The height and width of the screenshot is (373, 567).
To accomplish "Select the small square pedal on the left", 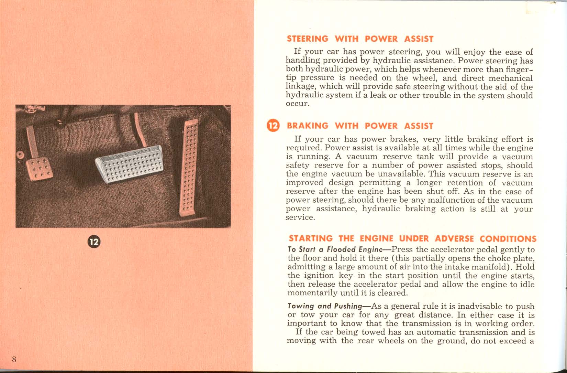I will [39, 169].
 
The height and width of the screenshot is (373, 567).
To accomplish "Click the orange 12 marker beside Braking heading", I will [274, 126].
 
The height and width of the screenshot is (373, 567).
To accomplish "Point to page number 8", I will [14, 359].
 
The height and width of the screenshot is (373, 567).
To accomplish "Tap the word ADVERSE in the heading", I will [454, 238].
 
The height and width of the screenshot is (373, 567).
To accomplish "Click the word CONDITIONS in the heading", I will [508, 238].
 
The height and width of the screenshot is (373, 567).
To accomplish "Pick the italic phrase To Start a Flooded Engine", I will [335, 249].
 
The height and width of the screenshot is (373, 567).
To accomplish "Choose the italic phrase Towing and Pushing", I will [325, 306].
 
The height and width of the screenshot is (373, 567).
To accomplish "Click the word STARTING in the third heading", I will [310, 238].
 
